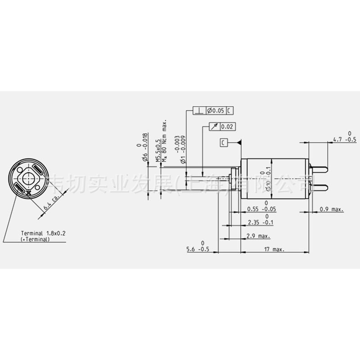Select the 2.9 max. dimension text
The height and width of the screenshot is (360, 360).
click(x=258, y=236)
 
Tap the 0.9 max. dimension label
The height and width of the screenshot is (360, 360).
click(x=331, y=209)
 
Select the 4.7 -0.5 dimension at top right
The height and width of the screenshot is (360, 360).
click(x=344, y=139)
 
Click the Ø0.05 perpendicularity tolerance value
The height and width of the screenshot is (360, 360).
click(x=215, y=110)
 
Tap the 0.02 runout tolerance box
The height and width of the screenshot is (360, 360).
click(x=227, y=127)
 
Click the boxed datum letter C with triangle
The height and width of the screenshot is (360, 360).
click(x=224, y=143)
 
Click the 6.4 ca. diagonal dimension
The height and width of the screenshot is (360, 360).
click(x=50, y=204)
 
